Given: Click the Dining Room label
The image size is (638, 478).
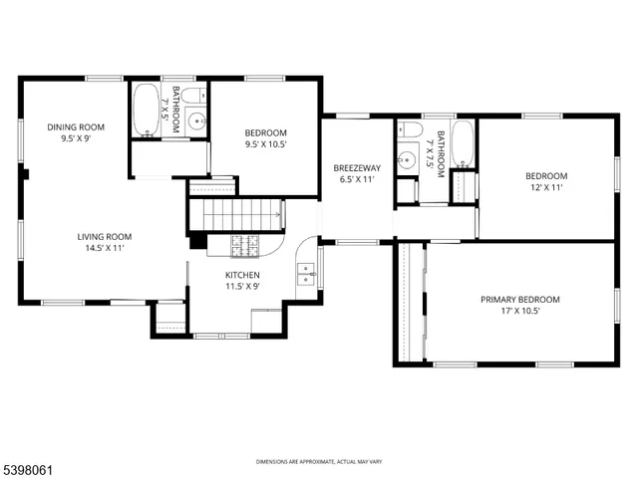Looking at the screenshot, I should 76,126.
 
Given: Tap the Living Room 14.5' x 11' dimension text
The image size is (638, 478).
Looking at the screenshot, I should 104,248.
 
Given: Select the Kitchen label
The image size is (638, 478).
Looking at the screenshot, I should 242,275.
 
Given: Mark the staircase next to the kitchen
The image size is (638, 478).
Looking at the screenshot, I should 236,213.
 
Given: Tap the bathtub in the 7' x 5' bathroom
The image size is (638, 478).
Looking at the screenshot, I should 146,108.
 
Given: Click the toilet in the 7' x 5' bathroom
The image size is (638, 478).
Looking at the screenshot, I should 196,97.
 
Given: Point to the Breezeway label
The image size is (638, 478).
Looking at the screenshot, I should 355,168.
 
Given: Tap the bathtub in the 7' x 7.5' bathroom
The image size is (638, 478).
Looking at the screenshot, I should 464,142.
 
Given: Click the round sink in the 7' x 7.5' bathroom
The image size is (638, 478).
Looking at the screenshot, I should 407,159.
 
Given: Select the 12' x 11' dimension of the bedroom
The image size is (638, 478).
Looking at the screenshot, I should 545,187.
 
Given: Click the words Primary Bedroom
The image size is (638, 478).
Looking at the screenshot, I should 519,299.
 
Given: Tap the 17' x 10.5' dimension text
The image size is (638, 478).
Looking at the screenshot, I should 519,311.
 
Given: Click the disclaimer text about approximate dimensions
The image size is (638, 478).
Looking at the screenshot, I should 318,462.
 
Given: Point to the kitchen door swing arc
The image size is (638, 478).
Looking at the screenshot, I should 307,245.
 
